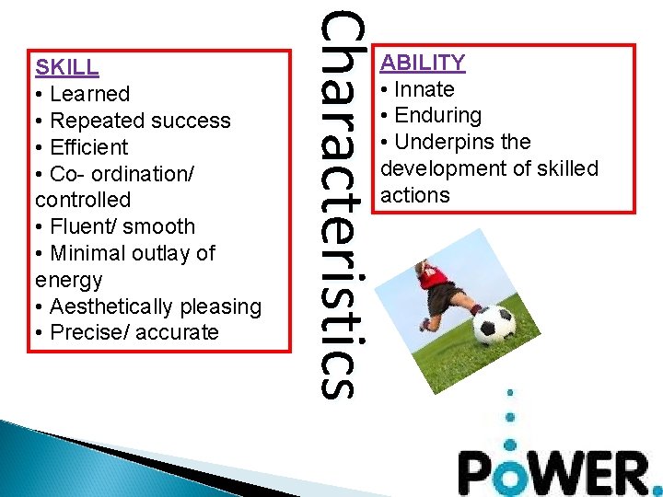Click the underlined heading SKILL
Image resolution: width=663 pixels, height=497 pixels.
[66, 67]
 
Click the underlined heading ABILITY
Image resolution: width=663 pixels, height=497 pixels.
[423, 63]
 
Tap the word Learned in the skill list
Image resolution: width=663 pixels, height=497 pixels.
[90, 94]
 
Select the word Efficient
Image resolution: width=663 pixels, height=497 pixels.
[89, 147]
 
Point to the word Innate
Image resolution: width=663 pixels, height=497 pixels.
[424, 89]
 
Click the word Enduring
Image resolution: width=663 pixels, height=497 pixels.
[437, 116]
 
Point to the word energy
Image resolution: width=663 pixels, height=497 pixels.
[68, 280]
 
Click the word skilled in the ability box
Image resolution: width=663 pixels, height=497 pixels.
[561, 169]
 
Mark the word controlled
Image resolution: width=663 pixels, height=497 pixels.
[83, 201]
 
